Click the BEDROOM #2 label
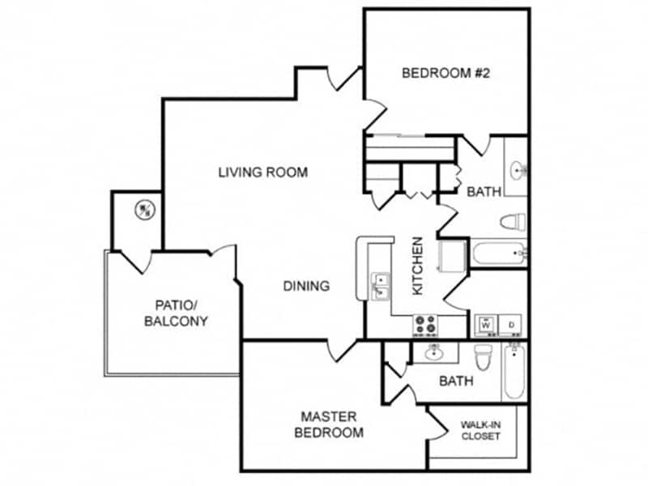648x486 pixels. click(447, 73)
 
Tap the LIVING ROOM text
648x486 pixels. click(262, 172)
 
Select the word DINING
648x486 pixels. click(306, 286)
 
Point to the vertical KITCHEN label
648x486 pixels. click(418, 265)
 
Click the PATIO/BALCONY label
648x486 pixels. click(176, 313)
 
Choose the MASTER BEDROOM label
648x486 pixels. click(329, 424)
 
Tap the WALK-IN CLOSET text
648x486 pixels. click(480, 430)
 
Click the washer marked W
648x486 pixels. click(486, 324)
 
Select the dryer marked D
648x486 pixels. click(512, 324)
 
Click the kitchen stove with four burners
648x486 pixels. click(425, 325)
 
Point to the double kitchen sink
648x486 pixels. click(380, 286)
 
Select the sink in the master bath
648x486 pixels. click(435, 352)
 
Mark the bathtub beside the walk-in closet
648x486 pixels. click(513, 373)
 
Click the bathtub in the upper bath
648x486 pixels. click(499, 254)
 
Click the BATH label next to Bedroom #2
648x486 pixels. click(484, 192)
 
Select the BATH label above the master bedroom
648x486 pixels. click(455, 381)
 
